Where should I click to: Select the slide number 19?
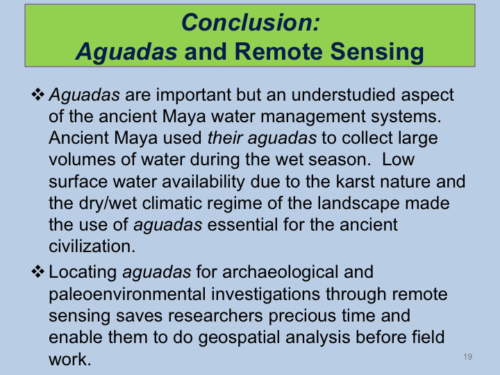(x=468, y=356)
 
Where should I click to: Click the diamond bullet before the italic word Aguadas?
(x=37, y=94)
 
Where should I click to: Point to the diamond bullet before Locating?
(x=37, y=272)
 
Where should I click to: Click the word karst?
(x=356, y=181)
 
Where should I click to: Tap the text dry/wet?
(x=108, y=203)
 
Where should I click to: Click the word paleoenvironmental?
(x=127, y=294)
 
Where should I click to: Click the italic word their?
(x=225, y=137)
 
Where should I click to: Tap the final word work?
(x=70, y=360)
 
